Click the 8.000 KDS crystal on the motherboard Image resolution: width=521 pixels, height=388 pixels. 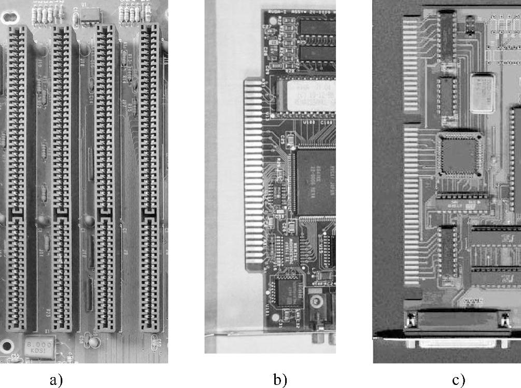point(39,347)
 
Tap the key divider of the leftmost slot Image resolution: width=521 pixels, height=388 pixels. point(18,213)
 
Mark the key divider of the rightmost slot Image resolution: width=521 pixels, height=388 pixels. point(149,213)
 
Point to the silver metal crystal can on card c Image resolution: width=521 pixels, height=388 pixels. point(483,92)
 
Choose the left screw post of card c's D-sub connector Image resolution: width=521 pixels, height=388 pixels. point(413,322)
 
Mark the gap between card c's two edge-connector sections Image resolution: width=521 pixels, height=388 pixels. point(411,119)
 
